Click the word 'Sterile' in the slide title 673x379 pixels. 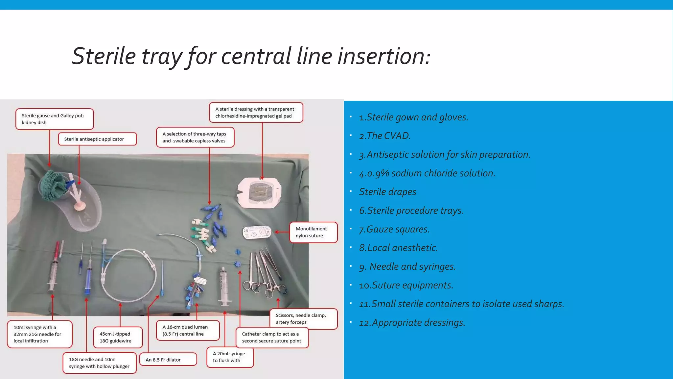pos(104,56)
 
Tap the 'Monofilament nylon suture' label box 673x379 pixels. pos(313,232)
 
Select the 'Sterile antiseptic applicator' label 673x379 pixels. pos(97,139)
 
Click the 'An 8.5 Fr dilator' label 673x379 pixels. pos(168,360)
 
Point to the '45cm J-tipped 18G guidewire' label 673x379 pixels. pos(118,337)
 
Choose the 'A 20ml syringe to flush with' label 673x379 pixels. pos(230,357)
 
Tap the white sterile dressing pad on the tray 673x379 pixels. pos(259,193)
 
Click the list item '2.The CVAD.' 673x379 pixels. pos(385,136)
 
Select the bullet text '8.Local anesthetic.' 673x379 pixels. pos(398,248)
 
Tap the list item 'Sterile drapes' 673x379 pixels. pos(387,192)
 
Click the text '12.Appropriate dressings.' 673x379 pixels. pos(412,322)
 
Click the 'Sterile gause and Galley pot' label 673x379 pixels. pos(55,119)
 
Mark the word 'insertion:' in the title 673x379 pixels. pos(384,56)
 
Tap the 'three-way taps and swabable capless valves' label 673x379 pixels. pos(195,137)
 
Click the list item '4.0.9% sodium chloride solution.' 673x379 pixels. pos(427,173)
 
